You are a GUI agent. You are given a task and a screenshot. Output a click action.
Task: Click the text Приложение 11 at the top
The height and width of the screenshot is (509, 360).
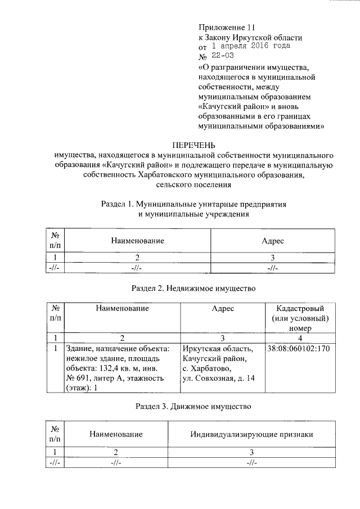coord(227,27)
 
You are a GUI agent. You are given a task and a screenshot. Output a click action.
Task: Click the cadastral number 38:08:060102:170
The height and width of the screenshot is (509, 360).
coord(298,349)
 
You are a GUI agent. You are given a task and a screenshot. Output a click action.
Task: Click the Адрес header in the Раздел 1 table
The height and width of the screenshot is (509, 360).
coord(273,241)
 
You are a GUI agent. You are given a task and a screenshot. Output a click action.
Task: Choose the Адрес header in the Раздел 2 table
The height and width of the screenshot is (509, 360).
coord(223,308)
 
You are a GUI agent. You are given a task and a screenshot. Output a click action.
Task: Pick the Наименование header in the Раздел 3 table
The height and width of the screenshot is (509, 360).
coord(115,434)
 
